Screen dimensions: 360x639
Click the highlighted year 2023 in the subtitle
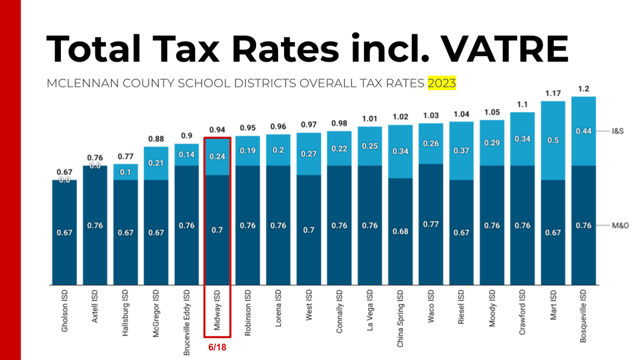pos(441,83)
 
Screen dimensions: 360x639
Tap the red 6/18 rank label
pos(217,348)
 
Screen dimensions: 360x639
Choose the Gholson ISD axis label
pos(64,310)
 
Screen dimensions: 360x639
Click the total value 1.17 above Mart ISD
pos(553,93)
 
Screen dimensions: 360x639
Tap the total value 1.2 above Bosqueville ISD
pos(583,88)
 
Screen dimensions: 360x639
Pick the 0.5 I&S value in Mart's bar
pos(553,140)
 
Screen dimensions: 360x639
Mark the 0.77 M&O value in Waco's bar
pos(431,224)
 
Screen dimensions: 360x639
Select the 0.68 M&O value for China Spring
pos(400,232)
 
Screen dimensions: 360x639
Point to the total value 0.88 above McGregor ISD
pos(156,139)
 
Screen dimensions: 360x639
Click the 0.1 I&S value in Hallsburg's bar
pos(125,172)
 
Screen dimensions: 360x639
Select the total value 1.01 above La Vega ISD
pos(370,118)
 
